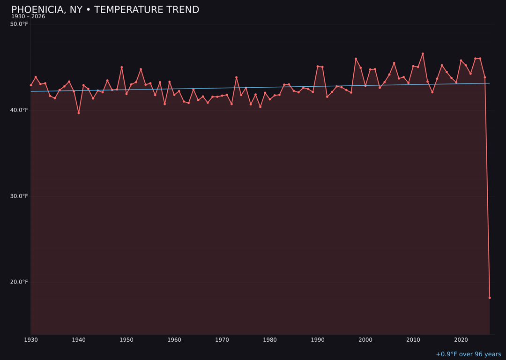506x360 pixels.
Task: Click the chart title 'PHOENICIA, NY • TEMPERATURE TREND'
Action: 105,10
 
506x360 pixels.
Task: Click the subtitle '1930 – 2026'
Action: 28,16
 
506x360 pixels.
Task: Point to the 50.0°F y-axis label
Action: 19,24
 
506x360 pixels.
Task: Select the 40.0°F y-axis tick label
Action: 19,110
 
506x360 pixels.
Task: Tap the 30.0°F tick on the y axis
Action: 19,196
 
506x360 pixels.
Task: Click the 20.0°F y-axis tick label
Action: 19,282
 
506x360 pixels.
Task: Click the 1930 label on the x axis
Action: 31,340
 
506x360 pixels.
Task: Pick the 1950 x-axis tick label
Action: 126,340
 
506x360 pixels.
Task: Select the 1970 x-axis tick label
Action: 222,340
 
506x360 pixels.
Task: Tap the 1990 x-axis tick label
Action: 318,340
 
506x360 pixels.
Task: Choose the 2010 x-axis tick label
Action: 413,340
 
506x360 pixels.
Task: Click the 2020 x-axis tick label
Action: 461,340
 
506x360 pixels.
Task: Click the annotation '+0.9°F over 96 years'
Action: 468,354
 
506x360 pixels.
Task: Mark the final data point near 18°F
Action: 490,298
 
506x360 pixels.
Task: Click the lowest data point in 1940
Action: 79,113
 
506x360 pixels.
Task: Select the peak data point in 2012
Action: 423,53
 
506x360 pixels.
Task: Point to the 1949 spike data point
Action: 122,67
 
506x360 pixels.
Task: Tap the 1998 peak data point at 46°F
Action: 356,59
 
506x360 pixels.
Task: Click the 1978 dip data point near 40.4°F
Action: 260,107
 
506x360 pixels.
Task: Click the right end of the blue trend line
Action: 490,83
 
